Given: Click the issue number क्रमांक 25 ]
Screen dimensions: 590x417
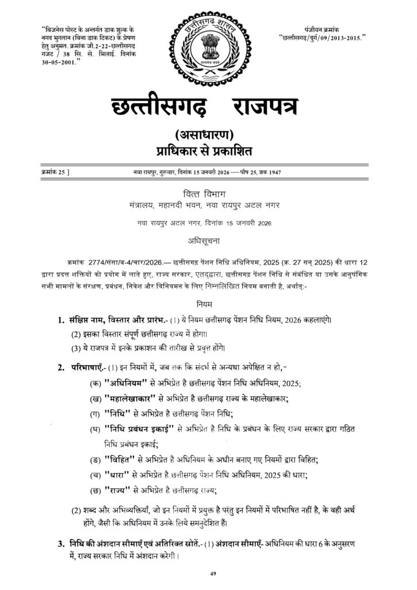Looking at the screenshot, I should click(56, 173).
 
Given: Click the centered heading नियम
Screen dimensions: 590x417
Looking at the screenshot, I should click(208, 302).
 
